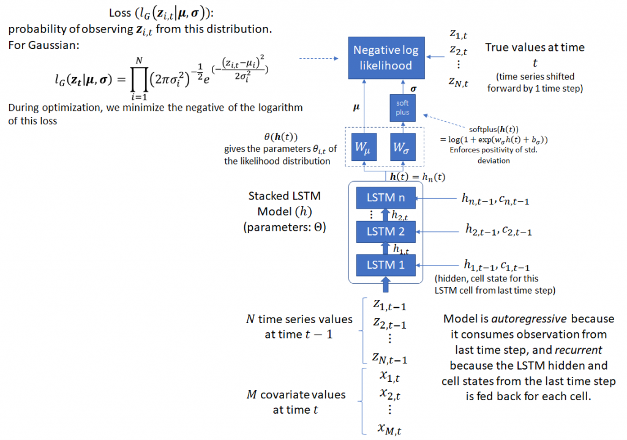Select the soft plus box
click(402, 108)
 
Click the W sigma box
click(402, 147)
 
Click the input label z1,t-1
click(389, 304)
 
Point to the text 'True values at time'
click(535, 47)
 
